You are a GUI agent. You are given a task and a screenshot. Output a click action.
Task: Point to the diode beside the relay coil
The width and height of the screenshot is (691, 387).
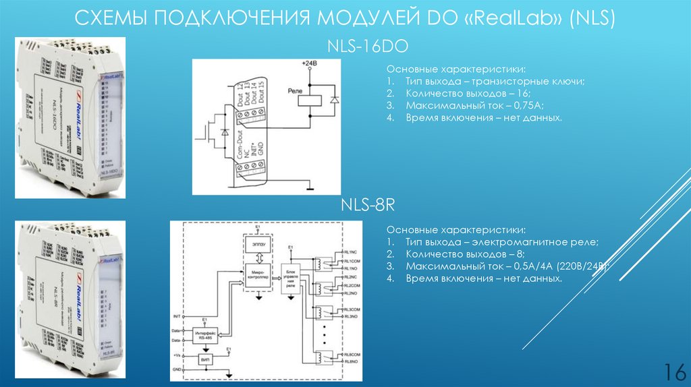[x=334, y=100]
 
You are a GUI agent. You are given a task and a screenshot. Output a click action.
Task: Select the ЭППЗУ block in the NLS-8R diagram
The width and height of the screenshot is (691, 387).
[x=257, y=241]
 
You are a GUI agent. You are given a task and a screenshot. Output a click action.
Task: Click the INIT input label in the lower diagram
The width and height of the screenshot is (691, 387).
[x=177, y=316]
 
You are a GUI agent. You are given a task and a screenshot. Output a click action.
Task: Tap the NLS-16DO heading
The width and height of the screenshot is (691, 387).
[x=368, y=47]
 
